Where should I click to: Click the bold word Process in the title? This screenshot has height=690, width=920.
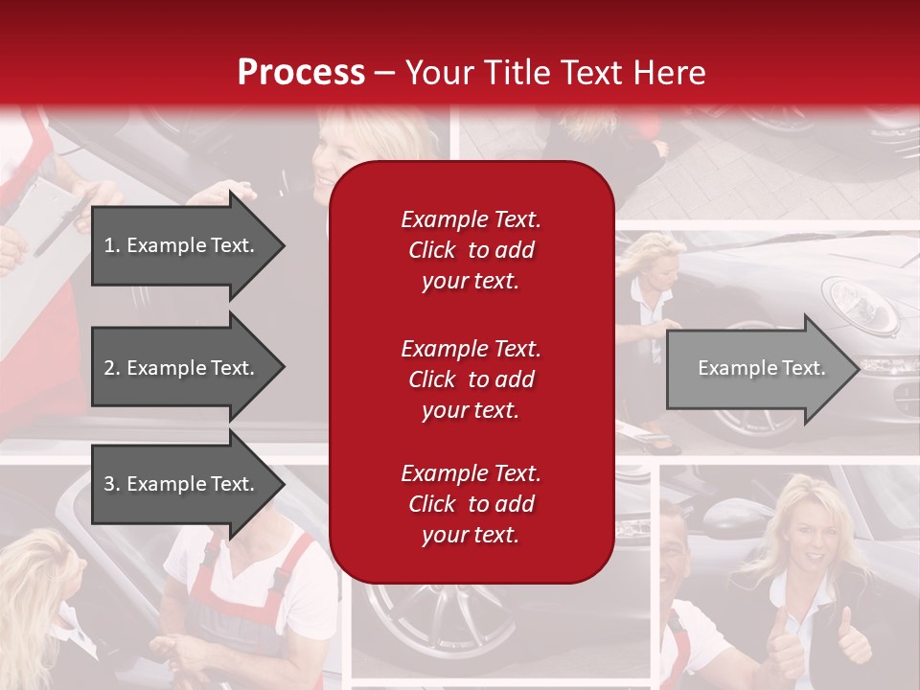coord(301,73)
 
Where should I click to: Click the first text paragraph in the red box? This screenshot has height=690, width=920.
coord(471,250)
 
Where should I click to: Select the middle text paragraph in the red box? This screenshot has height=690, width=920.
coord(471,379)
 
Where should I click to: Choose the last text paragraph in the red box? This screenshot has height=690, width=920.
coord(471,504)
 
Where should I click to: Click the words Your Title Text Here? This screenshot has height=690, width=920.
coord(555,73)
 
